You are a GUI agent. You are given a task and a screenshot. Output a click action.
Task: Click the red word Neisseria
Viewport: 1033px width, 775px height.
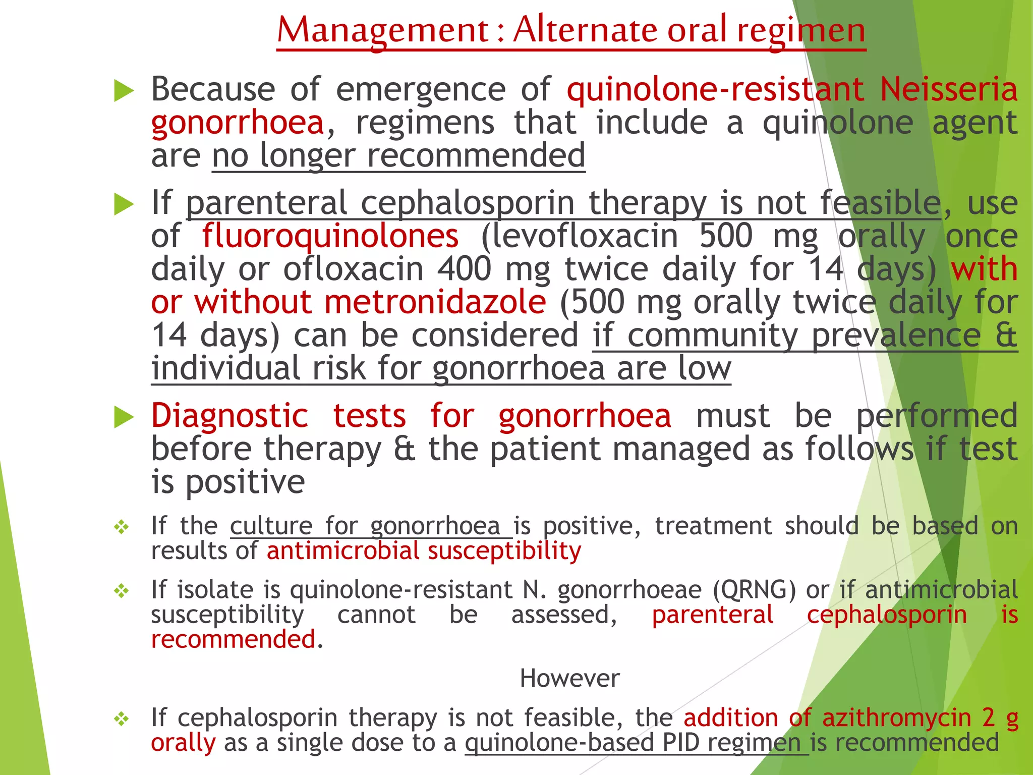[948, 89]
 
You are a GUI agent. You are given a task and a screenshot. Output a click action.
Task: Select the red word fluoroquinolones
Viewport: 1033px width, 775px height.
[330, 236]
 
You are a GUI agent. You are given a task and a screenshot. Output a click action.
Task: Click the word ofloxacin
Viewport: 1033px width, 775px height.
[353, 269]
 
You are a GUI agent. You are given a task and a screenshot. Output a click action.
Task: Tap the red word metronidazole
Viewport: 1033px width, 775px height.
[435, 302]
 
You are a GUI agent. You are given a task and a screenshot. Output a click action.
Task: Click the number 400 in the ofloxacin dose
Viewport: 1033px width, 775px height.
[464, 269]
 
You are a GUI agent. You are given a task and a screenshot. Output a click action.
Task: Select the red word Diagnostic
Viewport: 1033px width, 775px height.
[229, 416]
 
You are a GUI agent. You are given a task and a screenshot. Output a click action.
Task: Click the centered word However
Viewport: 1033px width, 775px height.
[569, 678]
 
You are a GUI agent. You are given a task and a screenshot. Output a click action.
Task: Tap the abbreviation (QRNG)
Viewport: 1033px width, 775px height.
[754, 590]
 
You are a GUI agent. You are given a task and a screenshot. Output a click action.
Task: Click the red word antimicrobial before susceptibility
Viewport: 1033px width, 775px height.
[343, 550]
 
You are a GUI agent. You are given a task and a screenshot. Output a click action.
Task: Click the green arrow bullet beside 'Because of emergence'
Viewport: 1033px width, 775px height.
[124, 91]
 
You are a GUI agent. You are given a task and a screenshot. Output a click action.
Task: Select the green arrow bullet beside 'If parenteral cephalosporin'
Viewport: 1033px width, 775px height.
[124, 204]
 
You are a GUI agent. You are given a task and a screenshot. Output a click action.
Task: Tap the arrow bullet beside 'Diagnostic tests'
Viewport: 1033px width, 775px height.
[124, 417]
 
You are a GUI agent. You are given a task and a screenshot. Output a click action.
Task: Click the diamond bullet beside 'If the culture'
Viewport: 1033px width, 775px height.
[122, 528]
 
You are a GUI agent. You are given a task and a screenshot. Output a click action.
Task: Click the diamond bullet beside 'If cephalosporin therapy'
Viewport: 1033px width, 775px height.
[122, 719]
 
